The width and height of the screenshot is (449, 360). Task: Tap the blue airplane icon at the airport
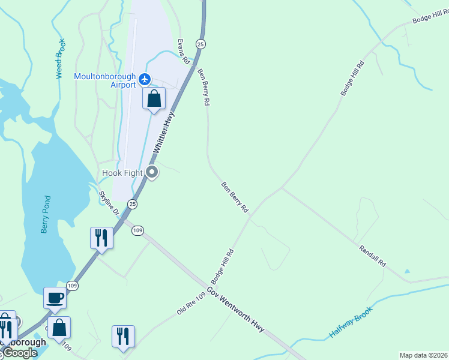(144, 79)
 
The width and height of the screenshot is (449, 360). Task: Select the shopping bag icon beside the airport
(154, 98)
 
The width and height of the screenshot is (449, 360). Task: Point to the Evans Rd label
(182, 52)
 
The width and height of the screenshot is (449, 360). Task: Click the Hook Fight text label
(122, 173)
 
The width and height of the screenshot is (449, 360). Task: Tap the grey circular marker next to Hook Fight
(152, 173)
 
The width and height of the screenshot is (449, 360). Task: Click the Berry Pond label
(46, 214)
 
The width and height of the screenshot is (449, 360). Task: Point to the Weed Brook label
(59, 58)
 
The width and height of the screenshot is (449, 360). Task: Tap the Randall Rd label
(372, 256)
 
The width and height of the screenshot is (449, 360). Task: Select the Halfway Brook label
(351, 322)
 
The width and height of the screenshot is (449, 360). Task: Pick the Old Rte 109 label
(191, 302)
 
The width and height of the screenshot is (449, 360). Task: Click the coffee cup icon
(55, 298)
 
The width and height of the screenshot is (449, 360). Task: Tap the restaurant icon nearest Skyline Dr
(101, 238)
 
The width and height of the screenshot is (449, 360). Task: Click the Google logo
(20, 353)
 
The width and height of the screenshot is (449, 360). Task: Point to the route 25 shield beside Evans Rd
(200, 44)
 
